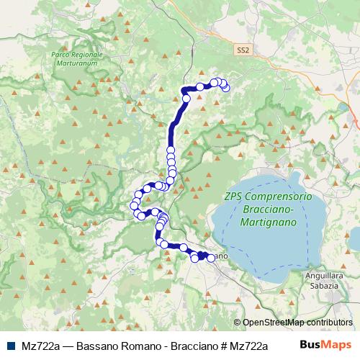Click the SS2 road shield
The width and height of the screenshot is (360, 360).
pos(244,50)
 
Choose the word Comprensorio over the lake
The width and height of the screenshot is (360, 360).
pos(277,197)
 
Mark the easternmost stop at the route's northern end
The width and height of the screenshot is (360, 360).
pos(226,87)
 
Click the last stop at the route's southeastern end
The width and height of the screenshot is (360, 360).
pos(211,258)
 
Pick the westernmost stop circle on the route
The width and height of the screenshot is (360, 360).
pos(133,207)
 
